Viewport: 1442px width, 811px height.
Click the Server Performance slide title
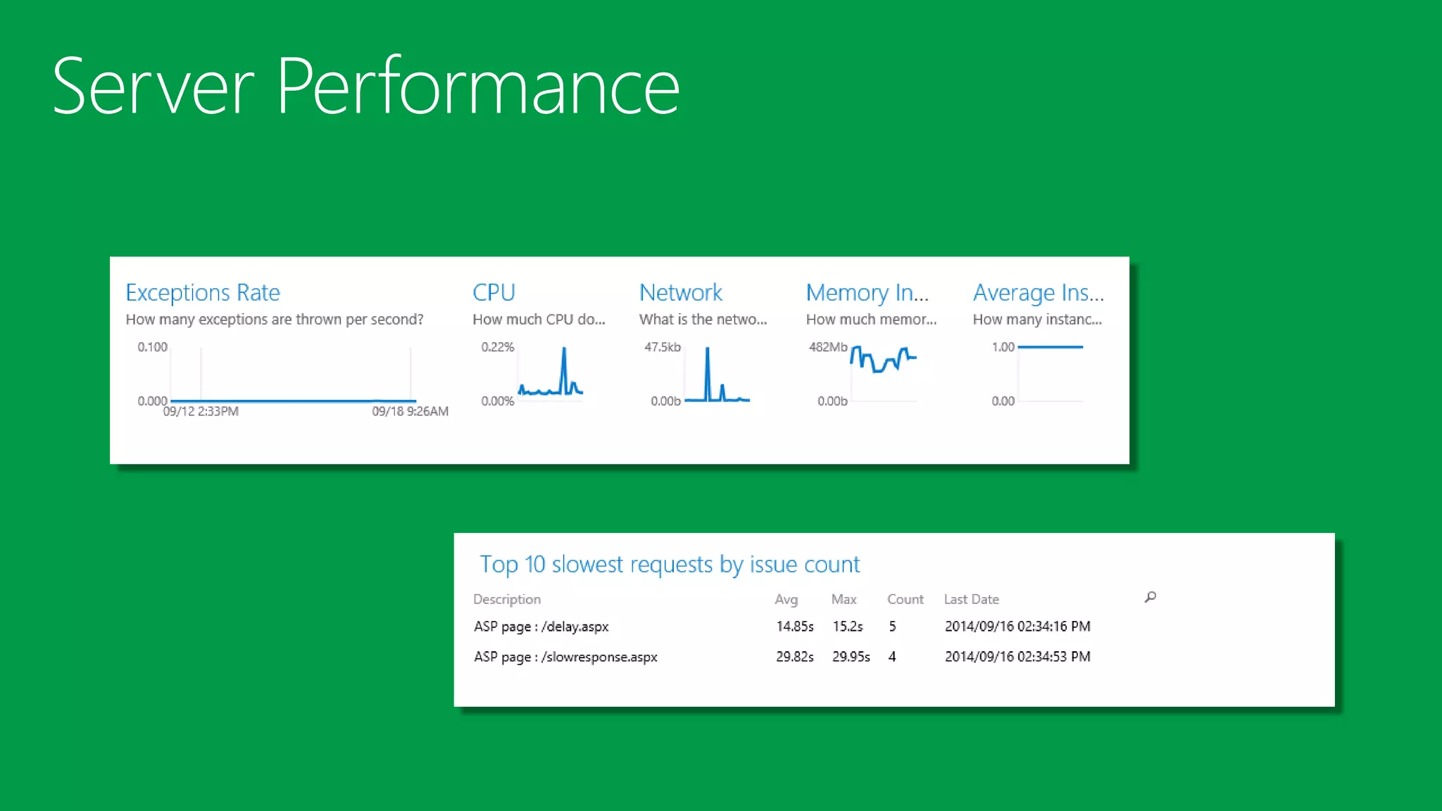coord(365,87)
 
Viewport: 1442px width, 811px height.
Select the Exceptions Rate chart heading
coord(203,292)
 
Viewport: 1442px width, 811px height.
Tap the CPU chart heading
coord(494,292)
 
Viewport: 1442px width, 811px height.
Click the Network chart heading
coord(680,292)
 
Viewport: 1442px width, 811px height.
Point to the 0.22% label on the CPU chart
coord(497,347)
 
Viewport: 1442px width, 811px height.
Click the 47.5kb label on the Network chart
coord(662,347)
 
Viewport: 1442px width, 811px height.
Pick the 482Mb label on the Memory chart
coord(828,347)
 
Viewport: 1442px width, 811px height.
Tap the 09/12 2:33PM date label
coord(201,411)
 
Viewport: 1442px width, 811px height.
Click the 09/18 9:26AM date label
coord(410,411)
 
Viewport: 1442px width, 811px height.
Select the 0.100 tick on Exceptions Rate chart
coord(152,347)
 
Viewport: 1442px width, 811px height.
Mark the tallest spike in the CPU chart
coord(564,350)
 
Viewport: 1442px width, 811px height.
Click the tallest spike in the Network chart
coord(708,350)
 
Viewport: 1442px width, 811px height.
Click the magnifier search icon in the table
coord(1151,597)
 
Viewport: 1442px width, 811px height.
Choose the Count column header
coord(905,599)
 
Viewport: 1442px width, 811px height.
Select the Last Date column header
coord(971,599)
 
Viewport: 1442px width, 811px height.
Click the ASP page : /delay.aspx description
coord(541,627)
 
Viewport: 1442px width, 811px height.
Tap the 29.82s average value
coord(794,657)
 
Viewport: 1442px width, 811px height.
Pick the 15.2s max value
coord(847,627)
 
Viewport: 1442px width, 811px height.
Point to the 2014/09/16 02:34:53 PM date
coord(1017,657)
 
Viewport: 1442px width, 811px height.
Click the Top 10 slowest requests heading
coord(669,564)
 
